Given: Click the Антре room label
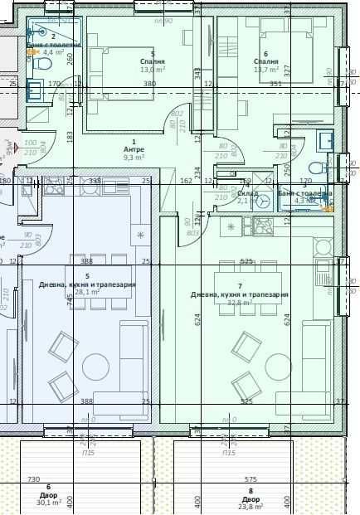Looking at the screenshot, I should pyautogui.click(x=133, y=149).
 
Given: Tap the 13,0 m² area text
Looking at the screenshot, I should pyautogui.click(x=153, y=70).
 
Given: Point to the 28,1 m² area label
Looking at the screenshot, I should pyautogui.click(x=87, y=292).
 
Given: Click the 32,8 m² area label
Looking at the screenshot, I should pyautogui.click(x=240, y=303).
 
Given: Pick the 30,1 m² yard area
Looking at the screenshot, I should pyautogui.click(x=48, y=503).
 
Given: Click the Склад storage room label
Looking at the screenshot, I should pyautogui.click(x=247, y=193).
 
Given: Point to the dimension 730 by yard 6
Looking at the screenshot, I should pyautogui.click(x=33, y=480).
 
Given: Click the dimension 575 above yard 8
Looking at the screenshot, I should pyautogui.click(x=251, y=480).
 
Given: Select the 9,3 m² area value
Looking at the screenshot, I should pyautogui.click(x=134, y=157).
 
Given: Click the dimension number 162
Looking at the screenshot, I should pyautogui.click(x=186, y=180).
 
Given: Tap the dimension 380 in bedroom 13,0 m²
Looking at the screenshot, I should pyautogui.click(x=149, y=84).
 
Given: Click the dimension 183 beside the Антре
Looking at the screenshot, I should pyautogui.click(x=71, y=135).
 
